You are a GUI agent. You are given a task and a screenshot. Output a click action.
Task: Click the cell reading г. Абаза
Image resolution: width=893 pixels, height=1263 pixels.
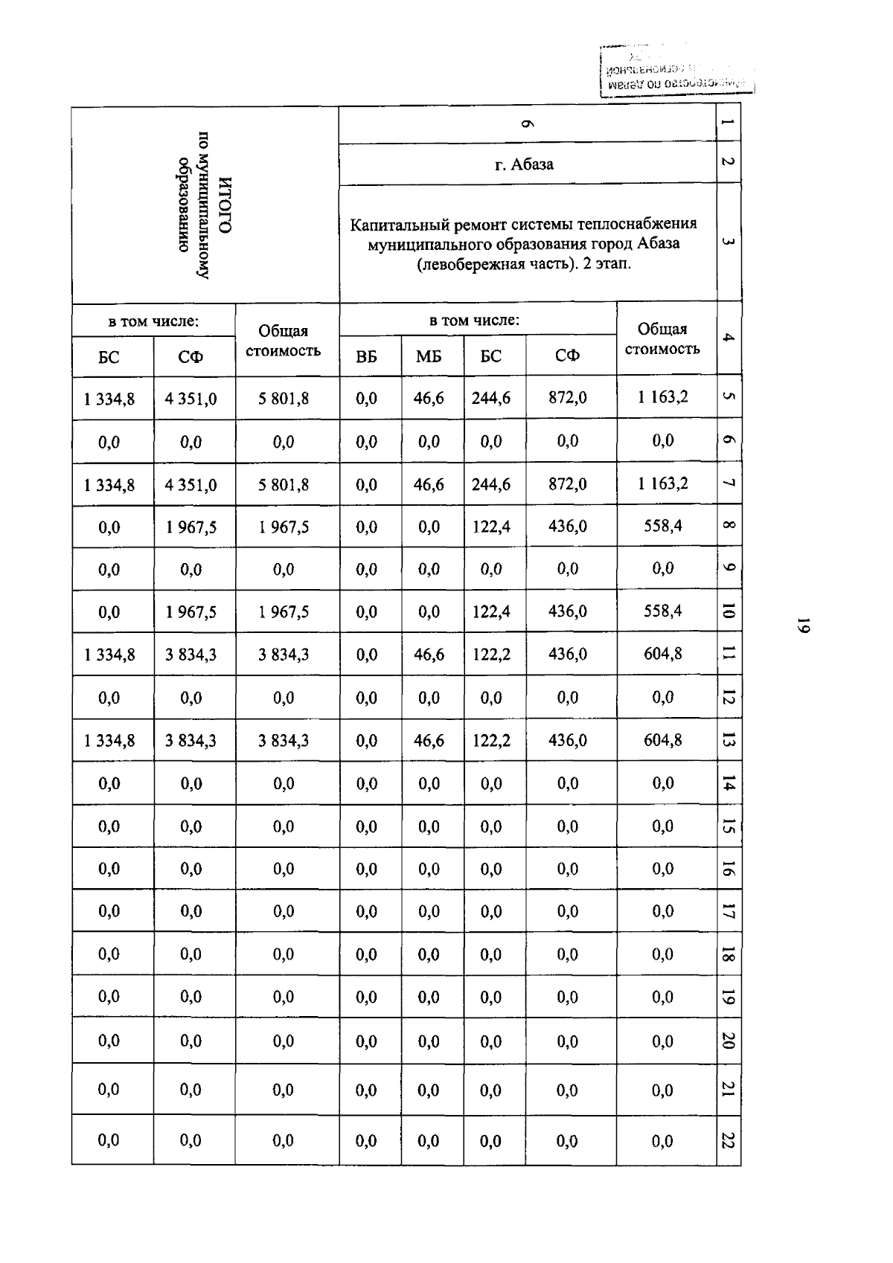click(524, 164)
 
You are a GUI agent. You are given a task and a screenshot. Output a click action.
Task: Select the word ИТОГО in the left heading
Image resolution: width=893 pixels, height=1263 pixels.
click(226, 205)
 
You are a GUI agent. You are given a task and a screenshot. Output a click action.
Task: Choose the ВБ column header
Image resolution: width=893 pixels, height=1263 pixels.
click(366, 356)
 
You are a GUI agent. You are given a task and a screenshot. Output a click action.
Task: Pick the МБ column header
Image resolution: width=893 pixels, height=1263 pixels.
click(429, 356)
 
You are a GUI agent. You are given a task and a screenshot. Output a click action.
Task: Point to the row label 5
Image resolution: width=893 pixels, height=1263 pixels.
click(729, 397)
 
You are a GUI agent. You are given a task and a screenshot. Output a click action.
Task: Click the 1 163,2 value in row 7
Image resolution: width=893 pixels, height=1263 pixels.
click(662, 483)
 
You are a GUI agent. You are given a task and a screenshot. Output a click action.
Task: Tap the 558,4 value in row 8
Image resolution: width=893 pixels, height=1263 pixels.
click(662, 526)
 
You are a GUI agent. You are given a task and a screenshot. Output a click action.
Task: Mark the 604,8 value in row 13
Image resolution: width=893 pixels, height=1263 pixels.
click(662, 739)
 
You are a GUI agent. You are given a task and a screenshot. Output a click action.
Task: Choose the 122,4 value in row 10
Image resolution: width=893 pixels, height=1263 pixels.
click(491, 611)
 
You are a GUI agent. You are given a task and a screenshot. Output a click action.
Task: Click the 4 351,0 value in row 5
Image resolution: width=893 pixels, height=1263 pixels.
click(191, 399)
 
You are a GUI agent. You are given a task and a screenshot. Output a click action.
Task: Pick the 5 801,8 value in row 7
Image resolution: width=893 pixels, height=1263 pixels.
click(284, 485)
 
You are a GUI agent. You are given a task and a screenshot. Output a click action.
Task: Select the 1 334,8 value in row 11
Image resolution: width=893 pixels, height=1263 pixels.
click(109, 655)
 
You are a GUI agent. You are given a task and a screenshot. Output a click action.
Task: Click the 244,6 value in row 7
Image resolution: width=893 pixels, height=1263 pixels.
click(491, 484)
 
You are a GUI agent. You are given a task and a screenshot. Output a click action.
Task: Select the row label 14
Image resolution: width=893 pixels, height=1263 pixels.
click(729, 782)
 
